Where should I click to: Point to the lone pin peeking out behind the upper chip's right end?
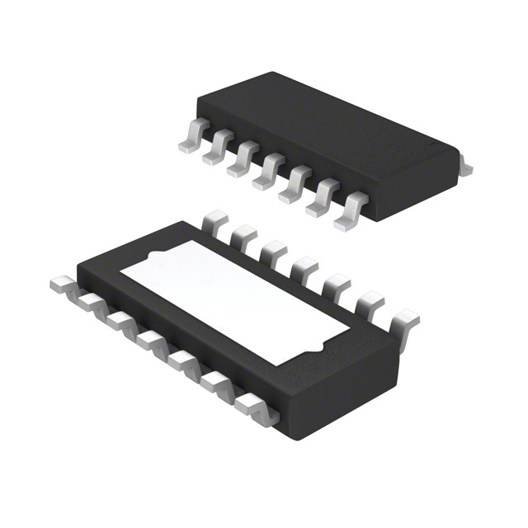click(465, 167)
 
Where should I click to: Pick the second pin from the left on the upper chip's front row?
click(216, 149)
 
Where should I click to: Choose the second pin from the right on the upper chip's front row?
click(321, 199)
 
